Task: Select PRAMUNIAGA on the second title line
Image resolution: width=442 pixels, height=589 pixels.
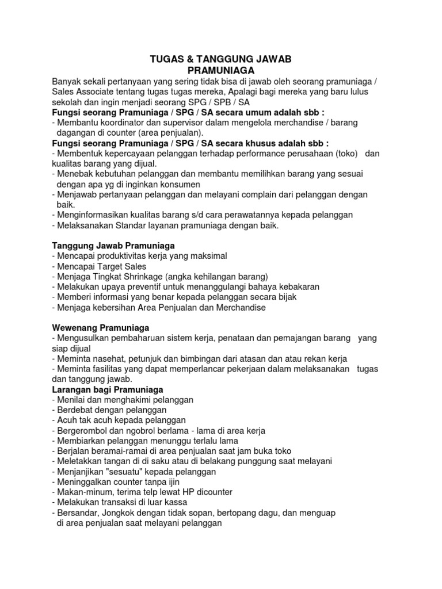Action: tap(221, 70)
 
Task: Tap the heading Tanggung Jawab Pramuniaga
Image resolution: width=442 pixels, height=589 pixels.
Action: tap(113, 245)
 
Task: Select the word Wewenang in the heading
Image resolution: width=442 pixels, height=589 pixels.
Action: tap(73, 327)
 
